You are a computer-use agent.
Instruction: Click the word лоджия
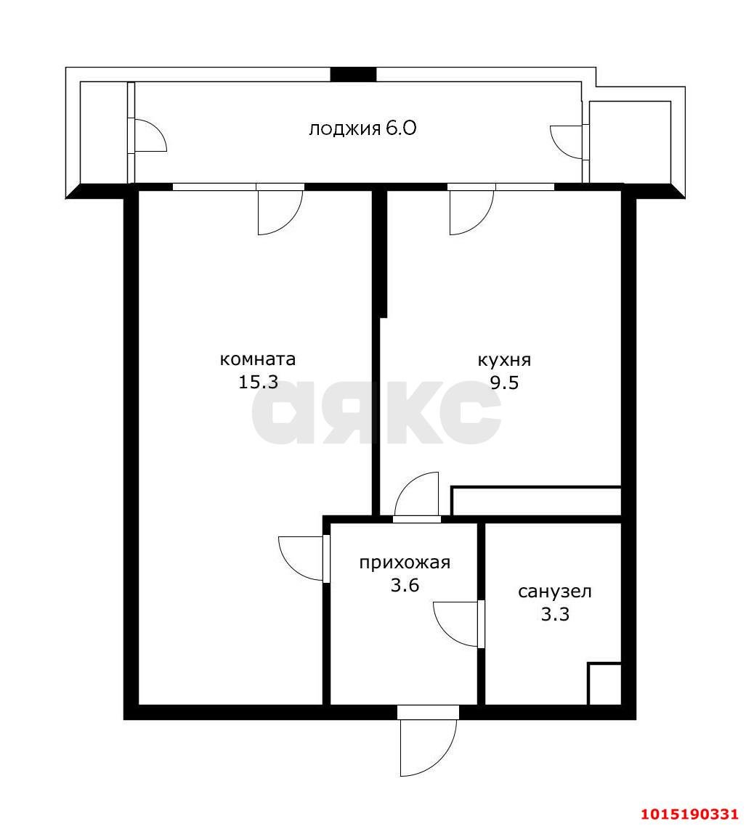344,129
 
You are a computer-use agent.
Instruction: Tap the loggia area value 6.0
401,128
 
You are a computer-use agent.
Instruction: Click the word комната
257,359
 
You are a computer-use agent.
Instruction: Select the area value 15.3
259,382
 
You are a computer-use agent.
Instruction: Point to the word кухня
504,360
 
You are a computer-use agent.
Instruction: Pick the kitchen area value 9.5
505,383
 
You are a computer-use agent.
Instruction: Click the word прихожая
405,563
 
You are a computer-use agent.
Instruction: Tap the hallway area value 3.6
405,585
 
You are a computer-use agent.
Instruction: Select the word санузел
555,592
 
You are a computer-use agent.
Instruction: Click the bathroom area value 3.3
555,614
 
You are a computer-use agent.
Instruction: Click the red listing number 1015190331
690,814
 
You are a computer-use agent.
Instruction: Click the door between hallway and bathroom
458,624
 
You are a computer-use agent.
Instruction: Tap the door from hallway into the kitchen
416,495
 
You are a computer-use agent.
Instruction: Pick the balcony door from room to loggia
280,210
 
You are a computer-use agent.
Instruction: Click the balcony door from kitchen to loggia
472,210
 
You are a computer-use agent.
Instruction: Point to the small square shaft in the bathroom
604,684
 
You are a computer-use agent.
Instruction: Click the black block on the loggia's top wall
353,74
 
